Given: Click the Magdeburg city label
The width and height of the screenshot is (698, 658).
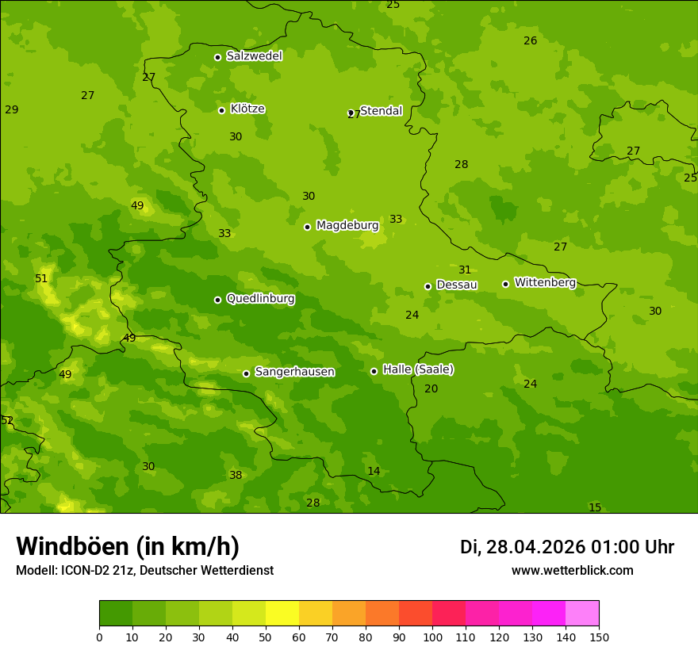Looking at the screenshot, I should tap(347, 226).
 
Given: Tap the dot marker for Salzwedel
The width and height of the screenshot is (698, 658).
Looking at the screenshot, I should tap(217, 57).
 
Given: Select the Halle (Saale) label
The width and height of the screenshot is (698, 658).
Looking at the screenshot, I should tap(418, 369).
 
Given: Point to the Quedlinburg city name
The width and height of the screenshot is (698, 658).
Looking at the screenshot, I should tap(260, 299).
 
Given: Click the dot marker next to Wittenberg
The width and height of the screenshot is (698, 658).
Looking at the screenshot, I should tap(505, 284).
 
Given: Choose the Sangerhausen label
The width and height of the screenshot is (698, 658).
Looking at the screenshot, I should tap(294, 372).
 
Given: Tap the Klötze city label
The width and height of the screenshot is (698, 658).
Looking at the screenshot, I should tap(247, 109).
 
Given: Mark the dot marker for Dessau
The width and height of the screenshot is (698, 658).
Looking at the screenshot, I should tap(428, 286).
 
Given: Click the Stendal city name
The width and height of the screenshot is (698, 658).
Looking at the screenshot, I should tap(382, 111).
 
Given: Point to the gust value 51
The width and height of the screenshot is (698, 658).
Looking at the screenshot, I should tap(41, 279).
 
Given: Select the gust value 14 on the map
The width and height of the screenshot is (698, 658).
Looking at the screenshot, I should tap(374, 472).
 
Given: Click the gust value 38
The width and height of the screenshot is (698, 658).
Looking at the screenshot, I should tap(236, 476).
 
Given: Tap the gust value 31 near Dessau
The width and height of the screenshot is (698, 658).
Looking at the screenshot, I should tap(465, 270).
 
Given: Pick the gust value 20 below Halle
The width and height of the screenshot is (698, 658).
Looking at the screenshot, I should tap(431, 389).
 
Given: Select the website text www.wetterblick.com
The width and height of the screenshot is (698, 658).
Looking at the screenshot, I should tap(572, 571).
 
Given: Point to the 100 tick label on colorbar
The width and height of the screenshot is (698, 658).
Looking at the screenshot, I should tap(432, 637).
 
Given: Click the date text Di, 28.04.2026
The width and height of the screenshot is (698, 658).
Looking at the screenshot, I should tap(523, 547).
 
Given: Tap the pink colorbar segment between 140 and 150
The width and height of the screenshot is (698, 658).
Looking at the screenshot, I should tap(582, 614).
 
